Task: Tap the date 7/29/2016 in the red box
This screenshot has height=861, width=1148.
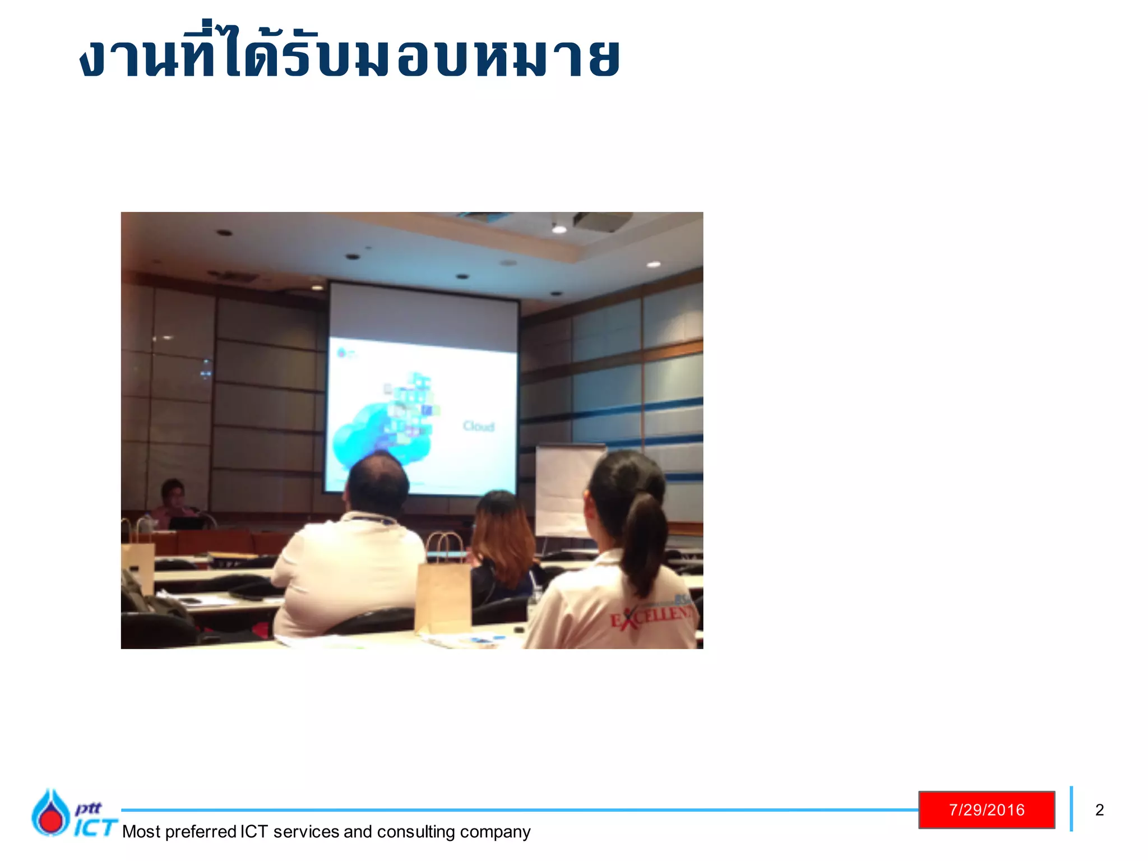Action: pos(987,809)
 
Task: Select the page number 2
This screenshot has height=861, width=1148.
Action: pos(1099,809)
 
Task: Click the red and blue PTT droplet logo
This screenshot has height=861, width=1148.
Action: pos(50,813)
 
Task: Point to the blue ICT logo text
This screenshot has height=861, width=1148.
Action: pos(95,827)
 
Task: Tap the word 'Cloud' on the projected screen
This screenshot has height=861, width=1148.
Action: pos(478,427)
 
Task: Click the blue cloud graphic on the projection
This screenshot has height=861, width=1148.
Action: pos(370,437)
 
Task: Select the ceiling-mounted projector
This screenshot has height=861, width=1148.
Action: pos(603,221)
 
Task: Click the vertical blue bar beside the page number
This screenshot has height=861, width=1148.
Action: pos(1071,808)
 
